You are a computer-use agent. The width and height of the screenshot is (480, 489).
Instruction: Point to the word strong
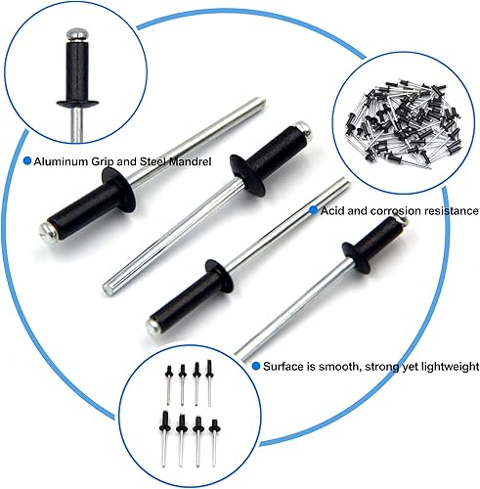[381, 367]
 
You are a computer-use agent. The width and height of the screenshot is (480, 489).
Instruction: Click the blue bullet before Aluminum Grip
[27, 161]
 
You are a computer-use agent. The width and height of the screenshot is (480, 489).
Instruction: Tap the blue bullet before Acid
[314, 210]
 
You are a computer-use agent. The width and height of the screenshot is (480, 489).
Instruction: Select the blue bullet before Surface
[256, 366]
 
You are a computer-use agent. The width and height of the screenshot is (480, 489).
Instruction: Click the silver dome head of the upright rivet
[76, 35]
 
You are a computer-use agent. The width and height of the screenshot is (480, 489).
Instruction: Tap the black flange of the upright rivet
[77, 104]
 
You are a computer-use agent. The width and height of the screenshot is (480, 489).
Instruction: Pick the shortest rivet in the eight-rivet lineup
[214, 442]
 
